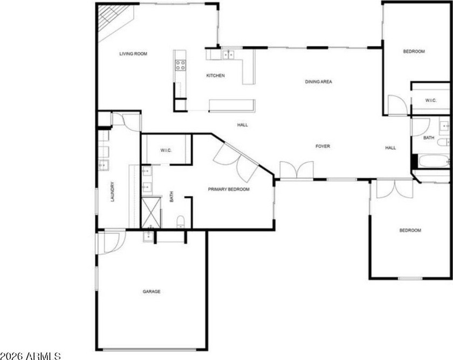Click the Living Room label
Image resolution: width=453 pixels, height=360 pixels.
click(x=133, y=54)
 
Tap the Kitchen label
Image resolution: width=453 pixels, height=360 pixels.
click(x=215, y=75)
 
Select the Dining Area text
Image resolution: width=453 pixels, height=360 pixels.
click(x=318, y=82)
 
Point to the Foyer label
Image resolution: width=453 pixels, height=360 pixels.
click(x=322, y=147)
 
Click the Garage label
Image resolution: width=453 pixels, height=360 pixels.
click(x=152, y=292)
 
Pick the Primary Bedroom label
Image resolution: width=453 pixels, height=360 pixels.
click(x=229, y=189)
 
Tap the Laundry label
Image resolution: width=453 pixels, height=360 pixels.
click(x=112, y=191)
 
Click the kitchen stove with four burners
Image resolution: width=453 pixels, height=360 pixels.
click(x=181, y=65)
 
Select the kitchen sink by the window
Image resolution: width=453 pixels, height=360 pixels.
click(x=228, y=54)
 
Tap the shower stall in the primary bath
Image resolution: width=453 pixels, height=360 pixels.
click(x=151, y=212)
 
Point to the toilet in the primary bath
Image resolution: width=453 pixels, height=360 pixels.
click(x=181, y=221)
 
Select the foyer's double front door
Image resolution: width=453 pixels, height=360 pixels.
click(x=297, y=170)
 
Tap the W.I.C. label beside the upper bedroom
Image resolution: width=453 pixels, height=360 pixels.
click(x=430, y=100)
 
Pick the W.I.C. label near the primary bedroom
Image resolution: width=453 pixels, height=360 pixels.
click(x=166, y=150)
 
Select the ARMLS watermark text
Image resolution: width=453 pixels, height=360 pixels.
click(x=30, y=356)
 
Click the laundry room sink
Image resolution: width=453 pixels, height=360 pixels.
click(x=103, y=165)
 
